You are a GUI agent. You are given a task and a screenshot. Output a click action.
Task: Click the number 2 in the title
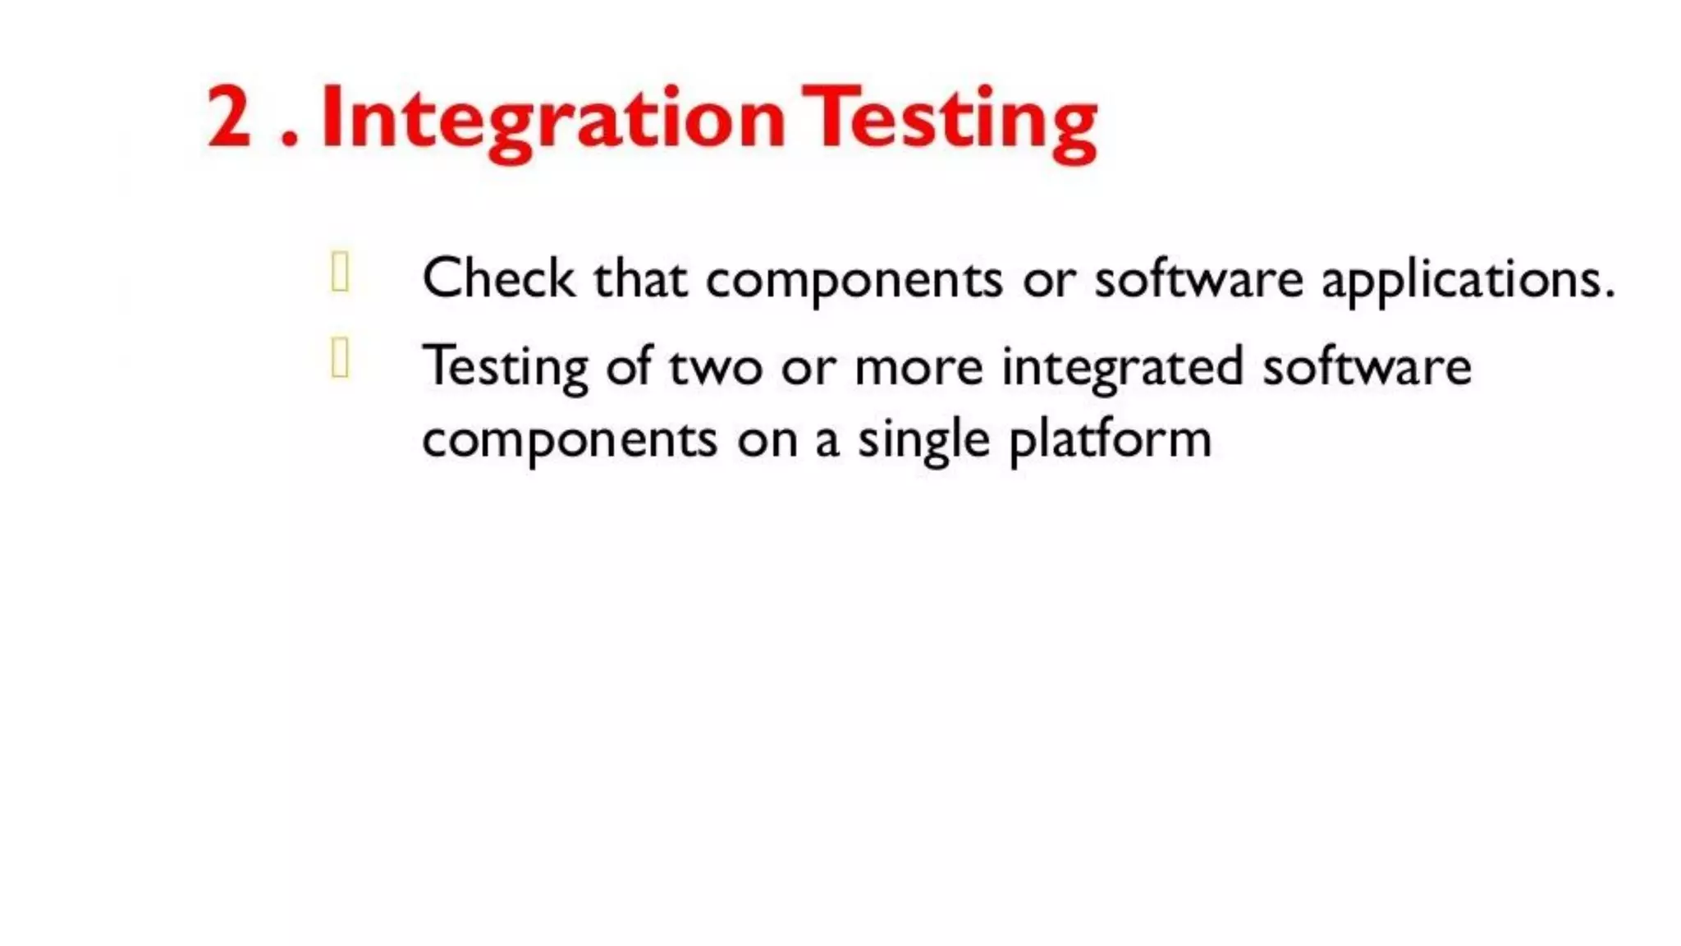(x=229, y=117)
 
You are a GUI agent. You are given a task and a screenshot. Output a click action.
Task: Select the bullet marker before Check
(x=340, y=273)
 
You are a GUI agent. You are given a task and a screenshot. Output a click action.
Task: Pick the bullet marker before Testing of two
(x=340, y=359)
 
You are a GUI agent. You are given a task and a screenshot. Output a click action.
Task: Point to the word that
(x=640, y=279)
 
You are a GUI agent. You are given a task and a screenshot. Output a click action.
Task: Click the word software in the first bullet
(x=1198, y=279)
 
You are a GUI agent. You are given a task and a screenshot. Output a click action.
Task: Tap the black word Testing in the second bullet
(x=505, y=368)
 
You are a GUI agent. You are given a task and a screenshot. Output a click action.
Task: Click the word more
(x=918, y=367)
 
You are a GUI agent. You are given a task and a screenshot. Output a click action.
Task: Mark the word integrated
(x=1122, y=368)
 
